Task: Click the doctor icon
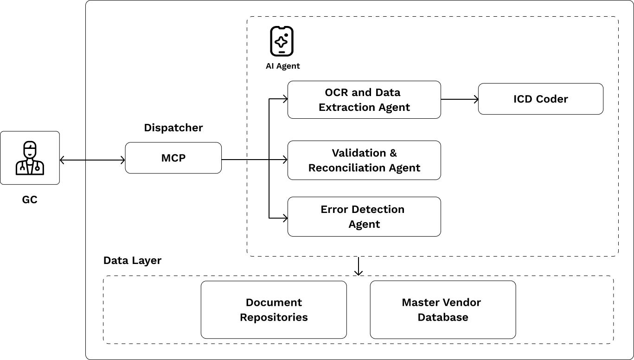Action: point(30,158)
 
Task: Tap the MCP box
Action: point(173,158)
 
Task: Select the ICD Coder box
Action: point(540,99)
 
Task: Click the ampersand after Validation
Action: point(393,153)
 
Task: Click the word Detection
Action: point(378,209)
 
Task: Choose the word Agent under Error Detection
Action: point(364,224)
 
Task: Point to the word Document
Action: point(274,302)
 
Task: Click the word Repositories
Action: point(274,317)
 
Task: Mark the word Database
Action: point(443,317)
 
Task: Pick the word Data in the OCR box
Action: point(388,92)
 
